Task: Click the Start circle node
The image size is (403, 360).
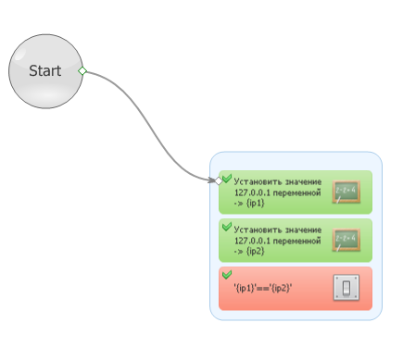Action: (x=45, y=71)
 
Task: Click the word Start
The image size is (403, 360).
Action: (x=45, y=71)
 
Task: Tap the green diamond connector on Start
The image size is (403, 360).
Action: (x=82, y=71)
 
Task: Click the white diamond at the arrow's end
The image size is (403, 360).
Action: (x=219, y=180)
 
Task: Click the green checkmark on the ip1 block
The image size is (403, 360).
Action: (x=227, y=178)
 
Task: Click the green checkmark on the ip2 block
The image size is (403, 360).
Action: (x=227, y=227)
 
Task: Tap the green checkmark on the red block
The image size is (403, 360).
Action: (x=227, y=274)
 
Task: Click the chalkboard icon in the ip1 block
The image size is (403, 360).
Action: (x=346, y=192)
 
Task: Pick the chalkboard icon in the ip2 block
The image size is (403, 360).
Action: (x=346, y=240)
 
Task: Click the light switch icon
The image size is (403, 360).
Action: (x=346, y=288)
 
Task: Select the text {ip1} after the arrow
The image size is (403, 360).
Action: (x=256, y=204)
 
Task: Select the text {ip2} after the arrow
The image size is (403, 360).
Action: (x=256, y=252)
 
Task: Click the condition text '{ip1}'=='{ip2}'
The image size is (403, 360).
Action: (x=263, y=289)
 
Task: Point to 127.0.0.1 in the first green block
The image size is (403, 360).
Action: (x=252, y=192)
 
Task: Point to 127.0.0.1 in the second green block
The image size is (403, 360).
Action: (x=252, y=241)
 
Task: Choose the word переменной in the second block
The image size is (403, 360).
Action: (x=297, y=241)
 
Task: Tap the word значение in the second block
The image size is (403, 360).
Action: (x=303, y=230)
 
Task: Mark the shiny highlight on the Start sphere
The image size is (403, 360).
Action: (x=20, y=54)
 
